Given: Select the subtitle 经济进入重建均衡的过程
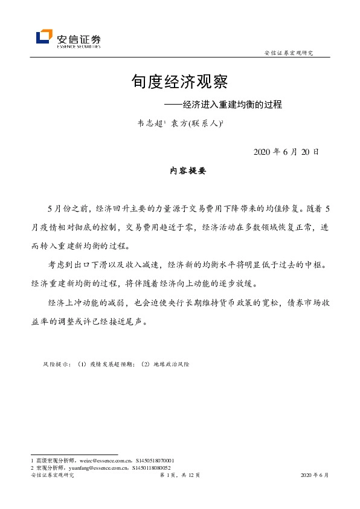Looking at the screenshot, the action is tap(233, 103).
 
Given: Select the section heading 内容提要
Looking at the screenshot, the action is tap(188, 171).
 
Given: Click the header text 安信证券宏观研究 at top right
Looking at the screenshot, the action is tap(289, 53).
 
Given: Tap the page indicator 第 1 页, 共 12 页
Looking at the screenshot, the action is tap(179, 476).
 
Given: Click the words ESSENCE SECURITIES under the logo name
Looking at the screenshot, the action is tap(79, 45).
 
